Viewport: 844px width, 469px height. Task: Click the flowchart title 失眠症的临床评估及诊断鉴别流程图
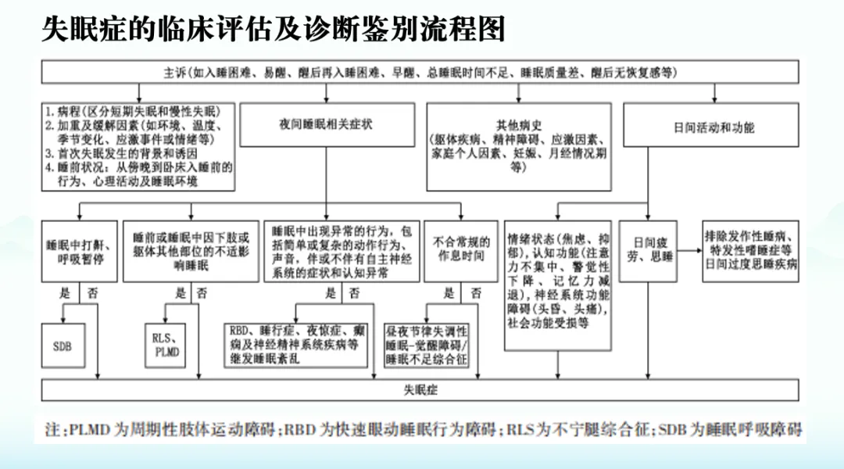click(274, 29)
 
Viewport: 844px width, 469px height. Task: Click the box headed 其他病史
click(517, 146)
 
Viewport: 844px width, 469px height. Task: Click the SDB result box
click(62, 344)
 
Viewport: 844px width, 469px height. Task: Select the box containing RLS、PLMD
click(166, 345)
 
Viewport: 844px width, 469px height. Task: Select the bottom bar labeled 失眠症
click(420, 388)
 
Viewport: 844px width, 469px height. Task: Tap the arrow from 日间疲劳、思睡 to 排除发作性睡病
click(688, 250)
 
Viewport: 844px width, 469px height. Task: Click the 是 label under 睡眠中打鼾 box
click(66, 295)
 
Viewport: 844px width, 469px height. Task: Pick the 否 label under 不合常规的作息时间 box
click(475, 295)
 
